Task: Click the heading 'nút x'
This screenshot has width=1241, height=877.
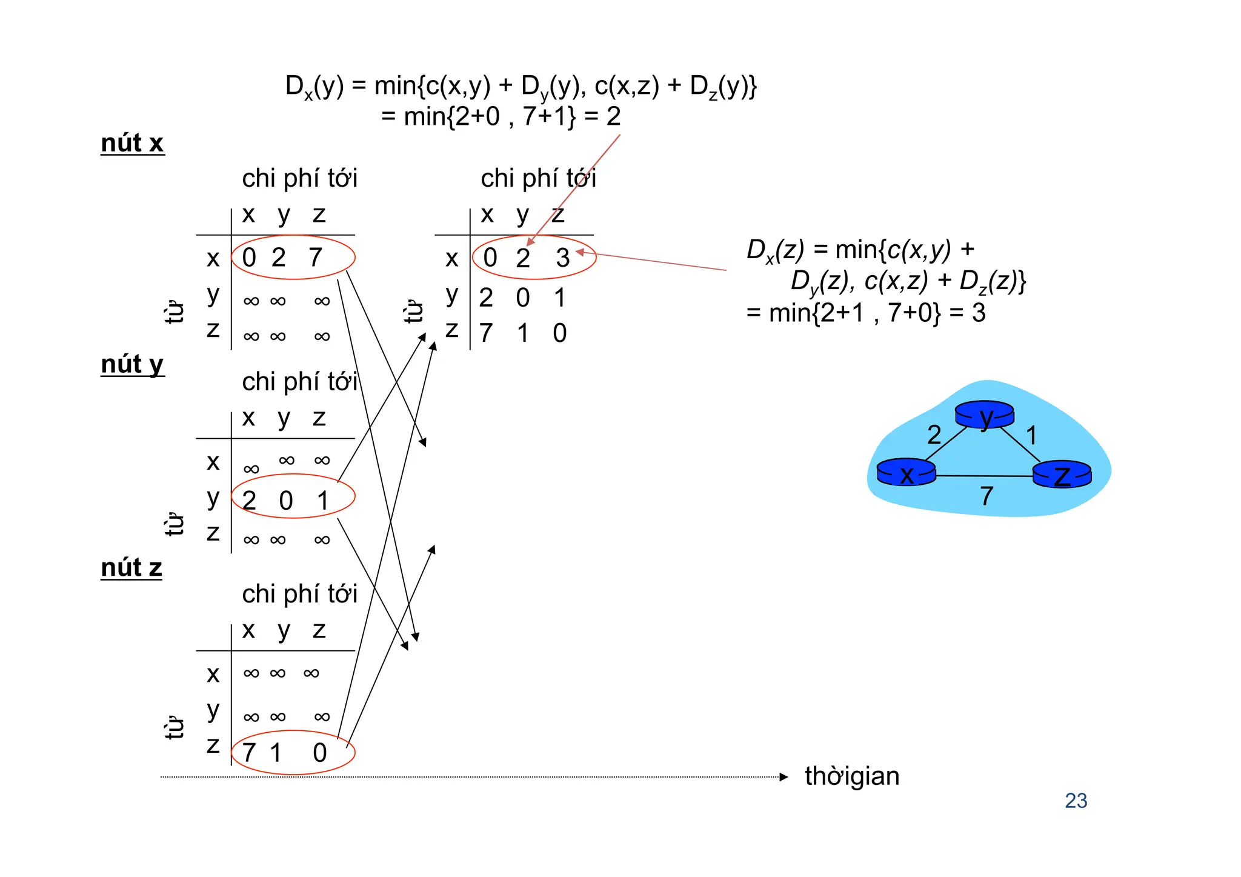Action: point(132,143)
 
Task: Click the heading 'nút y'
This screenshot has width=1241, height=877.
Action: point(132,364)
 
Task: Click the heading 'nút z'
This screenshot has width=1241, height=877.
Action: point(131,568)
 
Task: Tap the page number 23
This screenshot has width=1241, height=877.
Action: point(1076,801)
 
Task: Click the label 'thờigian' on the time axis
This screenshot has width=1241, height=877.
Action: point(851,776)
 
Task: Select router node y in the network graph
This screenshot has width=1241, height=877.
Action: point(984,415)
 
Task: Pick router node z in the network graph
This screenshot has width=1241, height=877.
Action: point(1062,475)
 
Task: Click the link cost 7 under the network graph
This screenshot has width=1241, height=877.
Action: point(986,496)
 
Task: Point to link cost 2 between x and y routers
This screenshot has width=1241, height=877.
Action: point(934,435)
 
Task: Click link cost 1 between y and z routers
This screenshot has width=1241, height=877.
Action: point(1031,435)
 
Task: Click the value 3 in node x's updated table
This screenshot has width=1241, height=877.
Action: point(563,259)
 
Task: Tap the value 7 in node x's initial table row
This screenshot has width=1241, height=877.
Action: point(315,258)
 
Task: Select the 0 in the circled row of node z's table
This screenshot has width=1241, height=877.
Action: point(320,753)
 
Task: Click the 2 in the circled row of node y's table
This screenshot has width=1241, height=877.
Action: point(249,501)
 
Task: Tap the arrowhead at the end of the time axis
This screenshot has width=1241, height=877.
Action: point(784,777)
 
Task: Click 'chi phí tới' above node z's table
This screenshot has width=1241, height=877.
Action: point(299,594)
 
